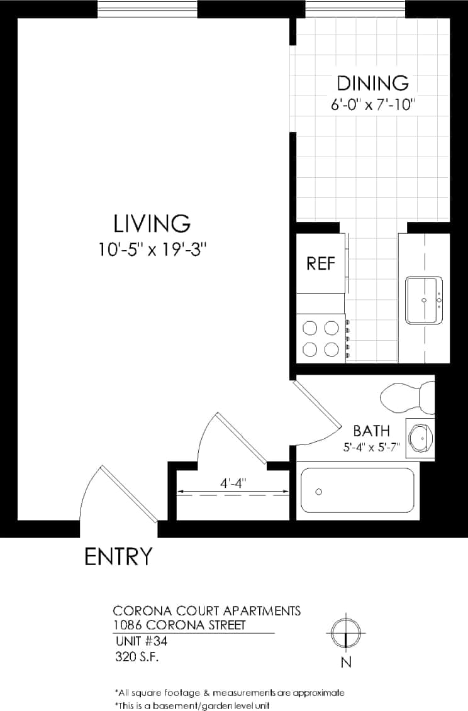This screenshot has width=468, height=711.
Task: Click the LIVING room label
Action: [152, 223]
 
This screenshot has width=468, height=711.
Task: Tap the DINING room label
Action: [373, 83]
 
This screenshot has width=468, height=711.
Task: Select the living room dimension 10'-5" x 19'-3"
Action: [152, 250]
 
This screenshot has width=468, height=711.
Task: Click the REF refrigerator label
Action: [320, 263]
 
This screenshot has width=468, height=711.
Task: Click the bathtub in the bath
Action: [357, 490]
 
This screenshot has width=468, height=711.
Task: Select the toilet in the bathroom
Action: [406, 397]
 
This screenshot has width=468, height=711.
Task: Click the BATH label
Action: [370, 431]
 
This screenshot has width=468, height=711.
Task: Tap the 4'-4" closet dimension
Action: [233, 483]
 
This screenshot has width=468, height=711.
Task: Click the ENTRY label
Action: [118, 556]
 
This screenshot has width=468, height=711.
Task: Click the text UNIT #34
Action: [142, 642]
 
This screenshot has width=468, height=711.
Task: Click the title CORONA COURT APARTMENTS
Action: [206, 610]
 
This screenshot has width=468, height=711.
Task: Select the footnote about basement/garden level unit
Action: [192, 705]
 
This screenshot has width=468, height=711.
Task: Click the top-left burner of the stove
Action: [310, 328]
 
